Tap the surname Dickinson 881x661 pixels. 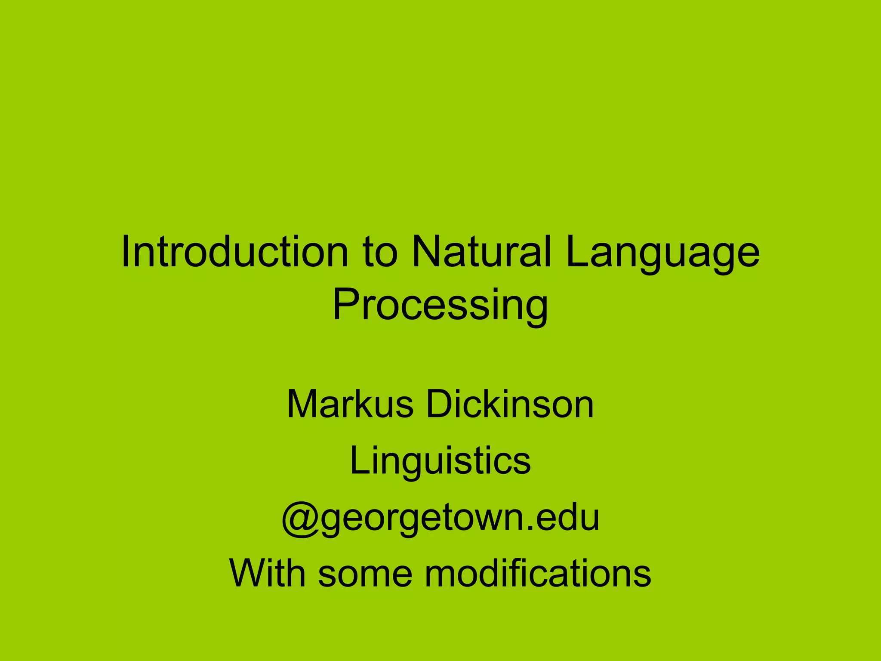(x=510, y=405)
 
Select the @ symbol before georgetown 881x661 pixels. (x=300, y=518)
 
